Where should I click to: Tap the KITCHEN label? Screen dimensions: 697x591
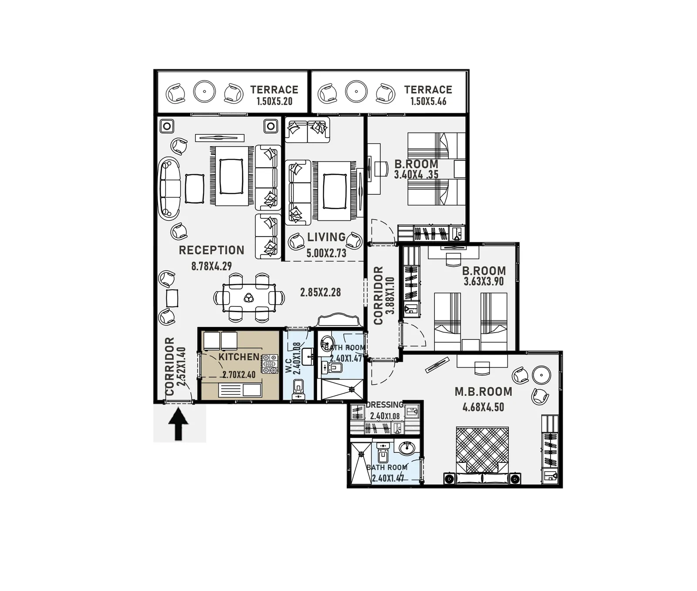click(x=239, y=357)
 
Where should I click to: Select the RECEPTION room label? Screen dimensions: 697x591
click(x=212, y=250)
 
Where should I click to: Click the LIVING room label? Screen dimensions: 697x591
click(x=326, y=237)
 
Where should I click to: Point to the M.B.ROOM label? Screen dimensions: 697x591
click(x=484, y=392)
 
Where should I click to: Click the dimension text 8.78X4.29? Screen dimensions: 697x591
click(x=212, y=266)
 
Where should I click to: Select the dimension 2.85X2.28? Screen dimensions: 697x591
click(x=321, y=292)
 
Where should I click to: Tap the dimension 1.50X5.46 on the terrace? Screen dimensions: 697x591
click(x=428, y=102)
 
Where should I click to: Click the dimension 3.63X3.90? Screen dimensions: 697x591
click(x=484, y=282)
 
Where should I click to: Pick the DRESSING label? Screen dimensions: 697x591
click(x=385, y=405)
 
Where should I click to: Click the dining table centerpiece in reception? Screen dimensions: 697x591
click(x=249, y=298)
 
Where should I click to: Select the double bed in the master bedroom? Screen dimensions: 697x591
click(x=482, y=454)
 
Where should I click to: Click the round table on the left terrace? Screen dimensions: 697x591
click(x=204, y=92)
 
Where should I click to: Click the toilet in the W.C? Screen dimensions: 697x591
click(x=298, y=388)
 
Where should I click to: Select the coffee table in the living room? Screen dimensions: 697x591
click(x=334, y=191)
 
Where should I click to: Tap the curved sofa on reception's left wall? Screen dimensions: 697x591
click(x=169, y=188)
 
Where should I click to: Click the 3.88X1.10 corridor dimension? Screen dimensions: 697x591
click(x=390, y=295)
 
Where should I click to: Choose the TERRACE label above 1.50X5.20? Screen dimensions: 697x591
click(x=274, y=90)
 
